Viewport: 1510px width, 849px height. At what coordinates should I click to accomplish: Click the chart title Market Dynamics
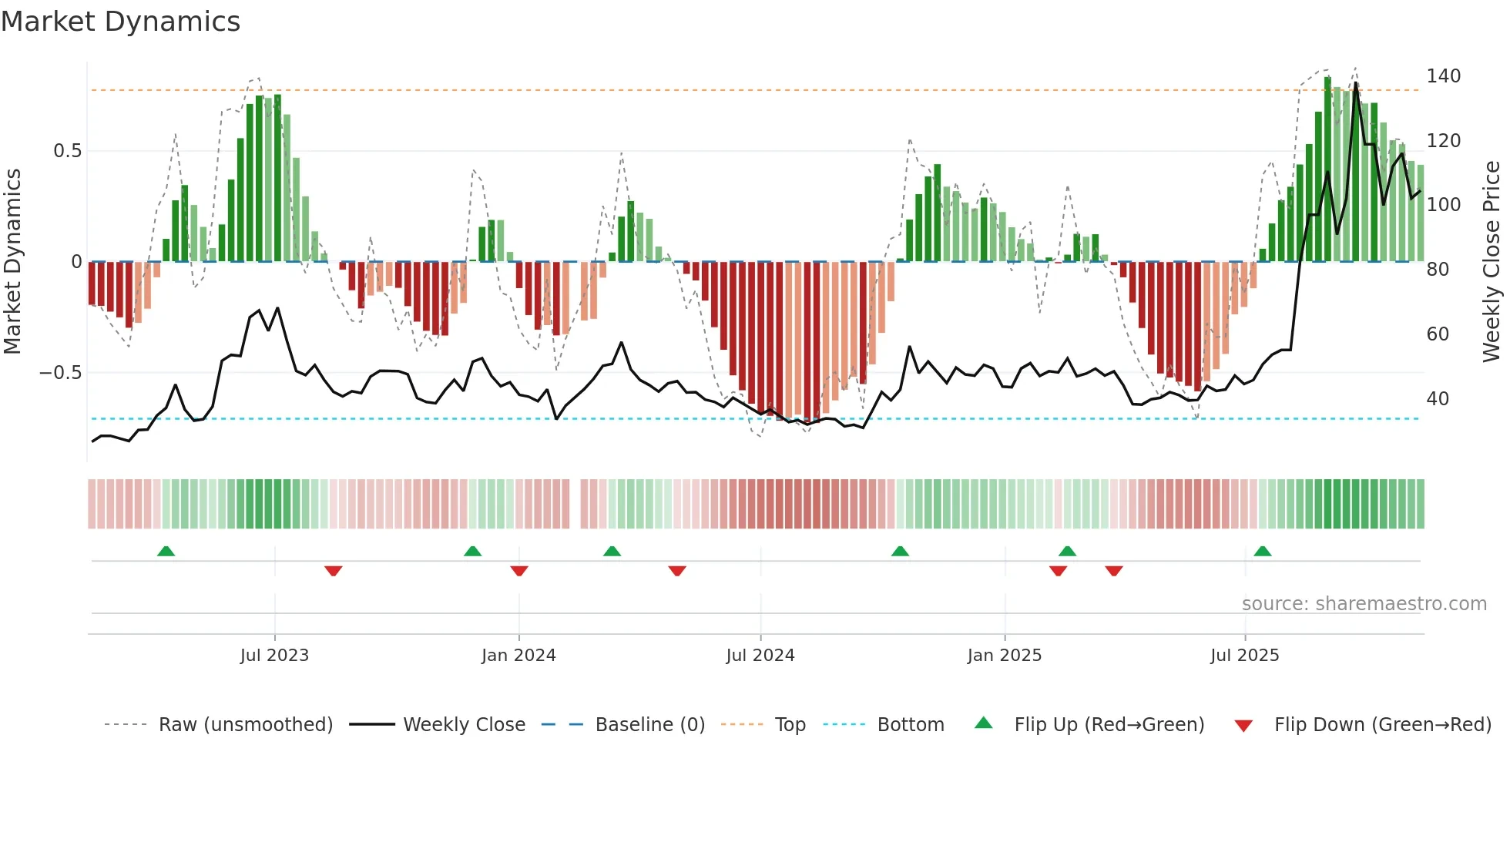click(120, 22)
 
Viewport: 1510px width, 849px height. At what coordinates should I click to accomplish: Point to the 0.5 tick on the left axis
click(67, 151)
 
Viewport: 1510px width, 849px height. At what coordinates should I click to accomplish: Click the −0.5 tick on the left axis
click(61, 373)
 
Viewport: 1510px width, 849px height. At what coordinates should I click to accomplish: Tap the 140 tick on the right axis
click(1443, 76)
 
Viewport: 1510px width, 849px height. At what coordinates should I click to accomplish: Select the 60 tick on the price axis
click(1438, 334)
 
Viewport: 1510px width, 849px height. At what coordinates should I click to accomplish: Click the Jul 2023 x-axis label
click(274, 656)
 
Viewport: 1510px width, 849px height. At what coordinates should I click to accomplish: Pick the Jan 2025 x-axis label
click(1004, 656)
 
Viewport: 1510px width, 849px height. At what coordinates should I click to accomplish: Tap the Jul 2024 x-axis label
click(760, 656)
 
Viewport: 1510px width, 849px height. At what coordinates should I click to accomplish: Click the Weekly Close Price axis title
click(1492, 262)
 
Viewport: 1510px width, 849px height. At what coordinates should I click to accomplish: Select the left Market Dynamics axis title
click(13, 262)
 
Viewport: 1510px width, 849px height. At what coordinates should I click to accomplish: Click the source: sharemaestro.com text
click(1364, 604)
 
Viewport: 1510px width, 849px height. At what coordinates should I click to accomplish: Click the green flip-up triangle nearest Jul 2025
click(1262, 552)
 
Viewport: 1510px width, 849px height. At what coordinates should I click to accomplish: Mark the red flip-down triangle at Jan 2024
click(519, 571)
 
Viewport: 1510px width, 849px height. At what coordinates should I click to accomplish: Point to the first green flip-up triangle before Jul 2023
click(166, 552)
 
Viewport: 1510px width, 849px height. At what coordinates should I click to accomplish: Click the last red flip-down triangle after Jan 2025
click(1114, 571)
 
